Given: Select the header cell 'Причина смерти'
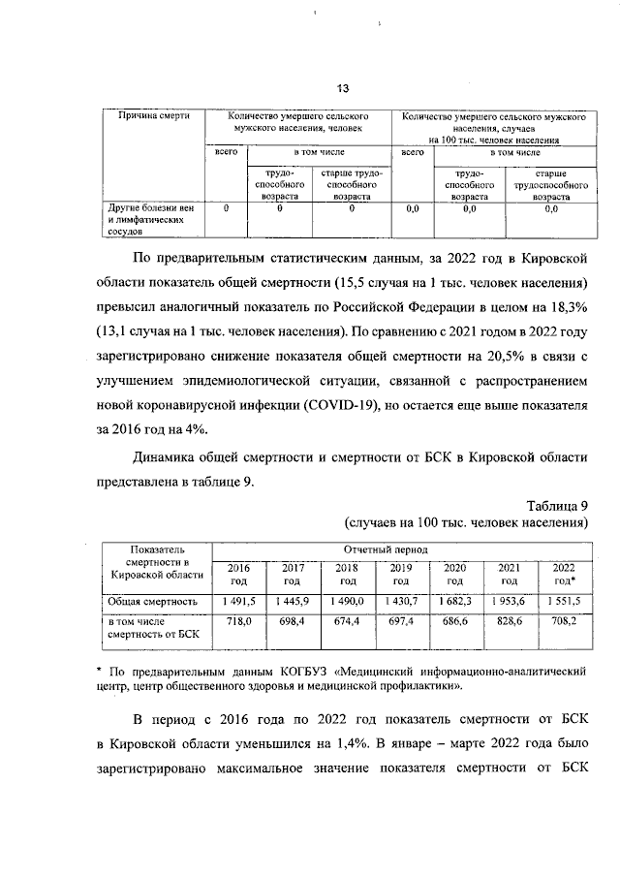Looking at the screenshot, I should pos(152,116).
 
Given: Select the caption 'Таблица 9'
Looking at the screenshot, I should pos(557,505).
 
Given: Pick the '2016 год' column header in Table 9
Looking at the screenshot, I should pos(238,574).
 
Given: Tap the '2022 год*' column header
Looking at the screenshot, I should pos(563,574).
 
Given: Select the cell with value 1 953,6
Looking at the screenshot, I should pos(509,602).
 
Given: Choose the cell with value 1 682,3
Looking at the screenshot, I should pos(454,602).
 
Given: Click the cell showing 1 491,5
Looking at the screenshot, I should pos(238,602).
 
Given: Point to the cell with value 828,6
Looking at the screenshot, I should pos(509,620).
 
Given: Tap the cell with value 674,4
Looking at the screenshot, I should pos(346,620).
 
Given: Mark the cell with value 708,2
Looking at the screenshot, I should pos(563,620).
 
